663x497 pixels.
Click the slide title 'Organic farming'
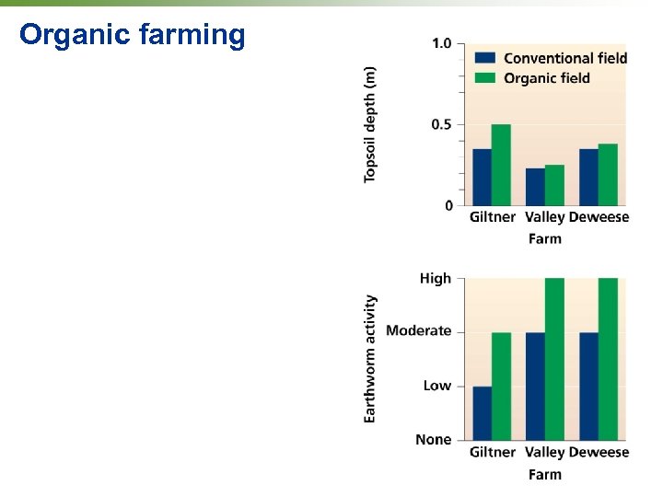coord(133,35)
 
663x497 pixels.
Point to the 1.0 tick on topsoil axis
coord(441,43)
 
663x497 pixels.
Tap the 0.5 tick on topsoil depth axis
coord(441,124)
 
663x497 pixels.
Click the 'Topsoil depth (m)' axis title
coord(370,124)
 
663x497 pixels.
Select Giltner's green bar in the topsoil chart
coord(501,165)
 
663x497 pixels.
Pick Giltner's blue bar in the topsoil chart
coord(482,177)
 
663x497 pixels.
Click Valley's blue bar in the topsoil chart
coord(535,187)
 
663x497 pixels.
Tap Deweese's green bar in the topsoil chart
coord(608,175)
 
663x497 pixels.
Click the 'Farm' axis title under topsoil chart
coord(544,238)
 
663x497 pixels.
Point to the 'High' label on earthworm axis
coord(436,278)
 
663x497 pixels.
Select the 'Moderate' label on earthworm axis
coord(419,330)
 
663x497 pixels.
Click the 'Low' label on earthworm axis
coord(437,386)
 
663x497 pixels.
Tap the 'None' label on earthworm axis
coord(434,439)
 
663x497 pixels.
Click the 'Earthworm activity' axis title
coord(370,359)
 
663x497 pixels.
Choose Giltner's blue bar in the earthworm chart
coord(482,413)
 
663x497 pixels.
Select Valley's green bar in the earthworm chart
coord(554,359)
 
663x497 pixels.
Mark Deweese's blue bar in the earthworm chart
coord(588,386)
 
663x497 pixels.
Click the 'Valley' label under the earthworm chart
coord(544,452)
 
